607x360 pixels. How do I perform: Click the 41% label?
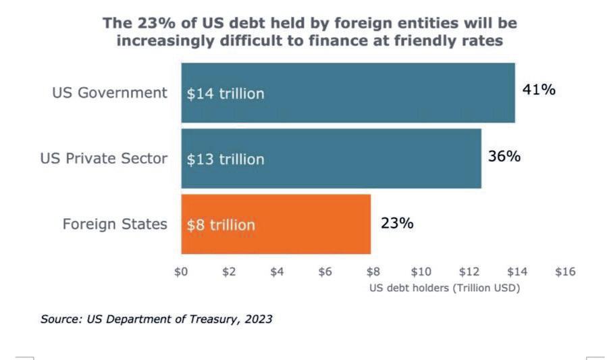[x=539, y=89]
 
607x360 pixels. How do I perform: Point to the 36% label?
[x=504, y=156]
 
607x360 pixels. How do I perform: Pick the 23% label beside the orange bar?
[x=397, y=223]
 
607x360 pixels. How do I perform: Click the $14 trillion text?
[x=226, y=94]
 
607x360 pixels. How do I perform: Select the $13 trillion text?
[x=226, y=159]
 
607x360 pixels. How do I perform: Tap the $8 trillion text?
[x=221, y=225]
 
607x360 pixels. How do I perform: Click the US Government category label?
[x=109, y=93]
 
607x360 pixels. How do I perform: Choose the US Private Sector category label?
[x=103, y=159]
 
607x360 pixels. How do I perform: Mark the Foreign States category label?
[x=115, y=224]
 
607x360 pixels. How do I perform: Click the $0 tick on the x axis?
[x=181, y=272]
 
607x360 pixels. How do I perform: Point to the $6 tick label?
[x=325, y=272]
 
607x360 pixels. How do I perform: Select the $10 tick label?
[x=421, y=272]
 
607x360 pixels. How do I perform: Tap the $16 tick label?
[x=564, y=272]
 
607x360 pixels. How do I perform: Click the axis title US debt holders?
[x=444, y=287]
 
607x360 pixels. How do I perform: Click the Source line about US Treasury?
[x=156, y=319]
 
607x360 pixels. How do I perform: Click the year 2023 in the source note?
[x=259, y=319]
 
